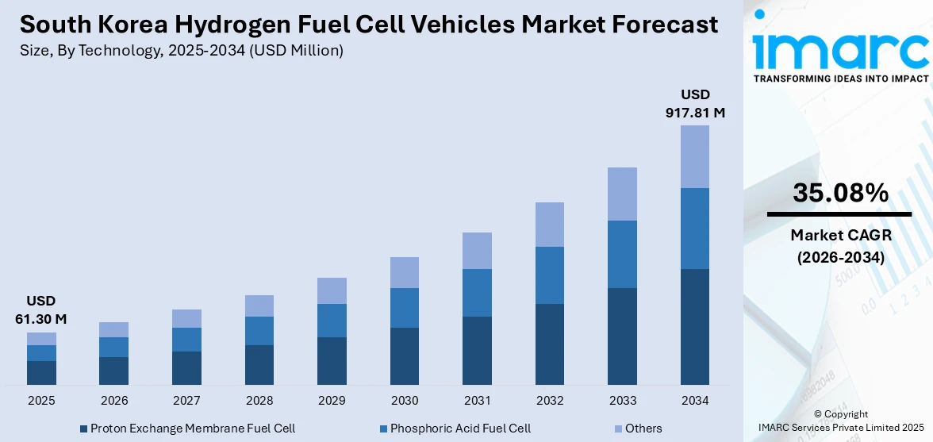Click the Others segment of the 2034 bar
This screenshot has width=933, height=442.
[x=694, y=156]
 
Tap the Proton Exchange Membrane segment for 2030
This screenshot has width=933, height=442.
[x=404, y=356]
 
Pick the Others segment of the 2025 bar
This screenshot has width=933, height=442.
[x=41, y=339]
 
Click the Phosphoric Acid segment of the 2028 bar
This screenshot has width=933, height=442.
[x=259, y=331]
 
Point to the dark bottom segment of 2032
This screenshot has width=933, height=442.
[x=549, y=344]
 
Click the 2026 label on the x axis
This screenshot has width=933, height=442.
[x=114, y=401]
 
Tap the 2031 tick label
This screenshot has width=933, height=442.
[x=477, y=401]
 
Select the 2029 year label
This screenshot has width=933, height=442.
[x=332, y=401]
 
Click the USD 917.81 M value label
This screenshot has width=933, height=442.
[x=694, y=104]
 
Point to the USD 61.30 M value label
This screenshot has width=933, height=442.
[x=41, y=310]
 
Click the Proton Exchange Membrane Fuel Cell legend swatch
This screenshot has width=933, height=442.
[x=83, y=429]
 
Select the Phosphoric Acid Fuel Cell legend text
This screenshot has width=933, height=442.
[x=460, y=429]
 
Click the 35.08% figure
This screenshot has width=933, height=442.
[x=840, y=193]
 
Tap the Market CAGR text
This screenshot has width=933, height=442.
[x=840, y=235]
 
